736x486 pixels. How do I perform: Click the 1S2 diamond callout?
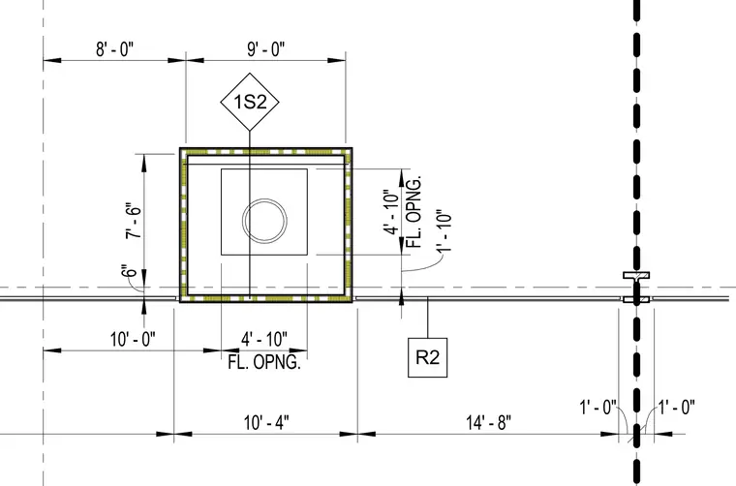coord(250,102)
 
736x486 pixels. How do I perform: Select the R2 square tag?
coord(428,357)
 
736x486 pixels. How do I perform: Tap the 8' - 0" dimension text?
coord(114,48)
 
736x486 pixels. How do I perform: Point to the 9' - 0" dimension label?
coord(266,48)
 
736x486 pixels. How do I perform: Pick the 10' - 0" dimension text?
coord(133,339)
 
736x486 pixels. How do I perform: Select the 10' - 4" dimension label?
coord(266,422)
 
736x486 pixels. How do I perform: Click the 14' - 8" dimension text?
coord(489,422)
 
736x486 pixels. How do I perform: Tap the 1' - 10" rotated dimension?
coord(444,230)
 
